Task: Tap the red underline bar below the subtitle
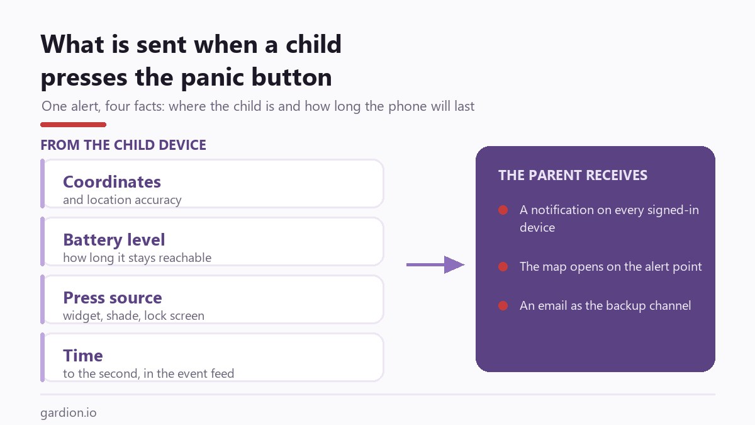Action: [73, 125]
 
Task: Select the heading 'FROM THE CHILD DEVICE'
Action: [123, 145]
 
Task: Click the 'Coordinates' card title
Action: [112, 182]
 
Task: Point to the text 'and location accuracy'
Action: [122, 200]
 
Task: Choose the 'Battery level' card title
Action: [114, 240]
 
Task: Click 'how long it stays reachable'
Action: [137, 258]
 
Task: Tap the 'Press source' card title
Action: [113, 298]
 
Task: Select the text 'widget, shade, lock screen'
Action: [133, 316]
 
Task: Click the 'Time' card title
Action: [83, 356]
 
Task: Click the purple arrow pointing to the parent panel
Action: [435, 265]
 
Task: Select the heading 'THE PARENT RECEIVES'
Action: [573, 176]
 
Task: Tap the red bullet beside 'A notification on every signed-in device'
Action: [503, 210]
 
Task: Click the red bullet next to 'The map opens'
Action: [503, 267]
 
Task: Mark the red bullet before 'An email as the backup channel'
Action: [503, 305]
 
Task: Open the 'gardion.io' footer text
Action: [69, 413]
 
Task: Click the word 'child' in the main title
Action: [313, 45]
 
